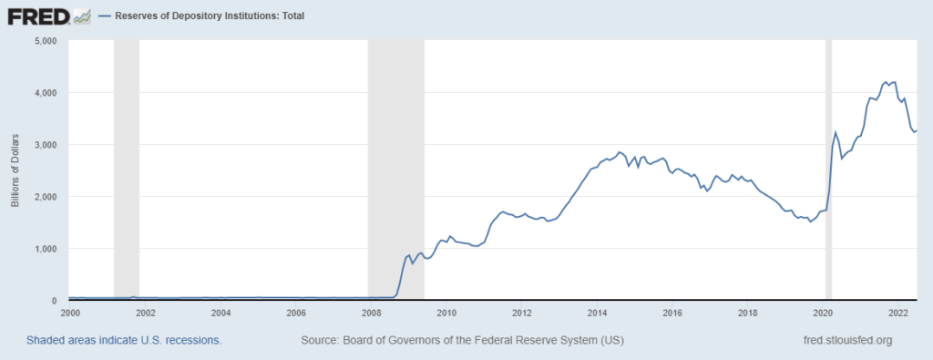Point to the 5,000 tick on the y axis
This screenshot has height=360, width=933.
click(45, 41)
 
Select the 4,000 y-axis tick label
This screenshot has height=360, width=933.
click(45, 93)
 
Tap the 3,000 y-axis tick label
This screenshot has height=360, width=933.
click(45, 145)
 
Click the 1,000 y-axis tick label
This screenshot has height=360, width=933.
click(45, 249)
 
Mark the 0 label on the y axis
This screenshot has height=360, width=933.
click(55, 301)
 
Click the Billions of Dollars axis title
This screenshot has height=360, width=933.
click(15, 170)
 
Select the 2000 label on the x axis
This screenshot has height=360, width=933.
click(70, 313)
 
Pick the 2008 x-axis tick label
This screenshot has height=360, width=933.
click(371, 313)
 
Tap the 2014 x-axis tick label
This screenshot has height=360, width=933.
click(597, 313)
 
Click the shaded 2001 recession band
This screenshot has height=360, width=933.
click(126, 170)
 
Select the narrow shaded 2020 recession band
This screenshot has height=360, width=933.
click(829, 170)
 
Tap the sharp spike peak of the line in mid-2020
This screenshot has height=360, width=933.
click(836, 132)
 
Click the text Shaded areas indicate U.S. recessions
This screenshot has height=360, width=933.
click(124, 340)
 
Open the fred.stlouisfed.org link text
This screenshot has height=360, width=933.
click(844, 340)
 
